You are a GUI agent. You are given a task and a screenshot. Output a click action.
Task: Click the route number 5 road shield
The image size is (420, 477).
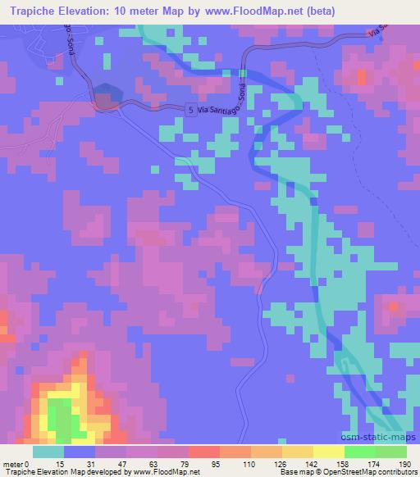(190, 109)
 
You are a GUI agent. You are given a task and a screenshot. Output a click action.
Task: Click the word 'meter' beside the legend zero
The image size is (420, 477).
(12, 465)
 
